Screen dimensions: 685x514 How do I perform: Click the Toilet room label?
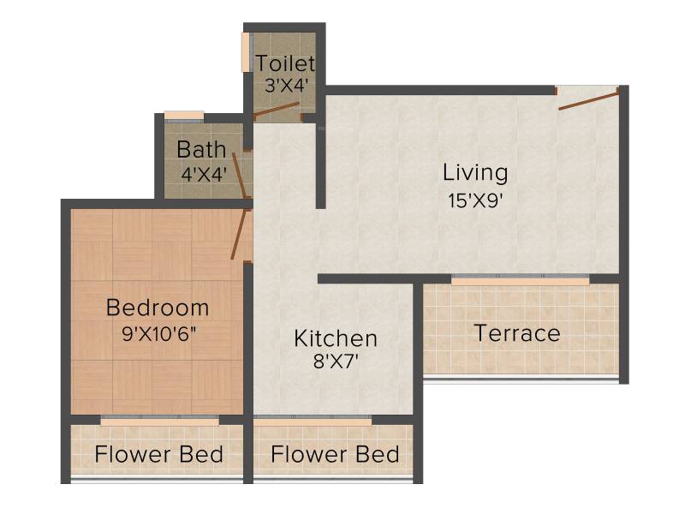pyautogui.click(x=285, y=63)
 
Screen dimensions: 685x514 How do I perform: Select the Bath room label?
pyautogui.click(x=201, y=150)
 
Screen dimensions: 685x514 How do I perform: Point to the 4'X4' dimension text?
pyautogui.click(x=204, y=176)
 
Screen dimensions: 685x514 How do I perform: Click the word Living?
pyautogui.click(x=475, y=173)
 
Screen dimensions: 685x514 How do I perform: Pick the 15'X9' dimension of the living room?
pyautogui.click(x=475, y=200)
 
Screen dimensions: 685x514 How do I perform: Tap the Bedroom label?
pyautogui.click(x=158, y=308)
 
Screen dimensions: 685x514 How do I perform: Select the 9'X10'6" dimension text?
pyautogui.click(x=159, y=334)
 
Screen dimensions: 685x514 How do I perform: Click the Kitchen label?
pyautogui.click(x=336, y=338)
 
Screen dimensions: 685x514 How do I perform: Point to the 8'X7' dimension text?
pyautogui.click(x=336, y=362)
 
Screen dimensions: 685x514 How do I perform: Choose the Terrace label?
pyautogui.click(x=517, y=333)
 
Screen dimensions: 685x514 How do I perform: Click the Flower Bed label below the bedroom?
pyautogui.click(x=159, y=454)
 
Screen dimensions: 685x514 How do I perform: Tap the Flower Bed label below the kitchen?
pyautogui.click(x=335, y=454)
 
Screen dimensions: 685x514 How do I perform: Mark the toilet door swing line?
pyautogui.click(x=277, y=110)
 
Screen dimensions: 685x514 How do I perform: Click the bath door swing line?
pyautogui.click(x=240, y=176)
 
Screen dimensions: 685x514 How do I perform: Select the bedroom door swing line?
pyautogui.click(x=240, y=234)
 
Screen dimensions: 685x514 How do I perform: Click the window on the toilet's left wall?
pyautogui.click(x=246, y=51)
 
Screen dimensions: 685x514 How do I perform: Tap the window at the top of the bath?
pyautogui.click(x=184, y=117)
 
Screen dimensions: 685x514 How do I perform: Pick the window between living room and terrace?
pyautogui.click(x=520, y=280)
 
